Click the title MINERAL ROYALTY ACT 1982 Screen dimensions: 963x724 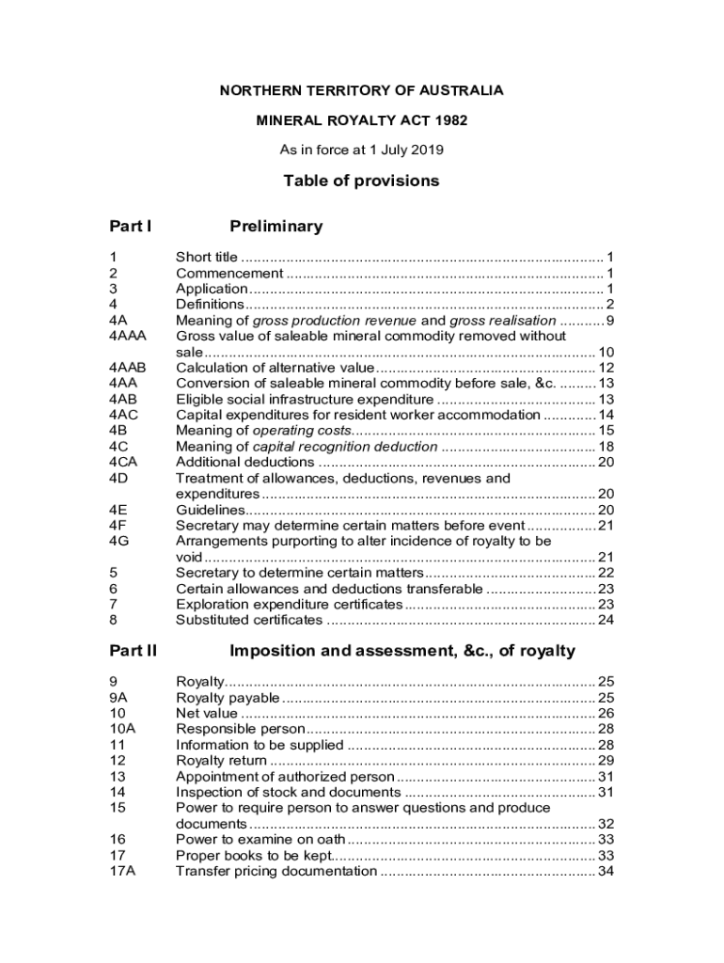tap(362, 120)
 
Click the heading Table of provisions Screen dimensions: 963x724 tap(362, 181)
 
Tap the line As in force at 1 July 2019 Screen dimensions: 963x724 tap(362, 150)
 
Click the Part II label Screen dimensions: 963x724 tap(133, 651)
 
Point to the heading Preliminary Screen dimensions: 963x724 tap(275, 227)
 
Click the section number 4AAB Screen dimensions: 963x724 tap(128, 368)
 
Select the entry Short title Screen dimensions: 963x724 tap(207, 257)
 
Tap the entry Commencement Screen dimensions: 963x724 tap(229, 273)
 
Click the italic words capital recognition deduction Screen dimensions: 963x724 tap(345, 447)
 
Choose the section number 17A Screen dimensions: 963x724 tap(122, 872)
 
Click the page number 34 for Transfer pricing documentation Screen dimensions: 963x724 tap(606, 872)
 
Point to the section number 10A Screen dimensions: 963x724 tap(122, 728)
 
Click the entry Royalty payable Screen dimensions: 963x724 tap(228, 697)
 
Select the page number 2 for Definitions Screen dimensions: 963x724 tap(610, 305)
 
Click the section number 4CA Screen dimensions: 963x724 tap(123, 462)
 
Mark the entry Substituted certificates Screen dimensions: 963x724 tap(249, 620)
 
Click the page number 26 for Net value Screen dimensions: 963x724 tap(606, 713)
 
